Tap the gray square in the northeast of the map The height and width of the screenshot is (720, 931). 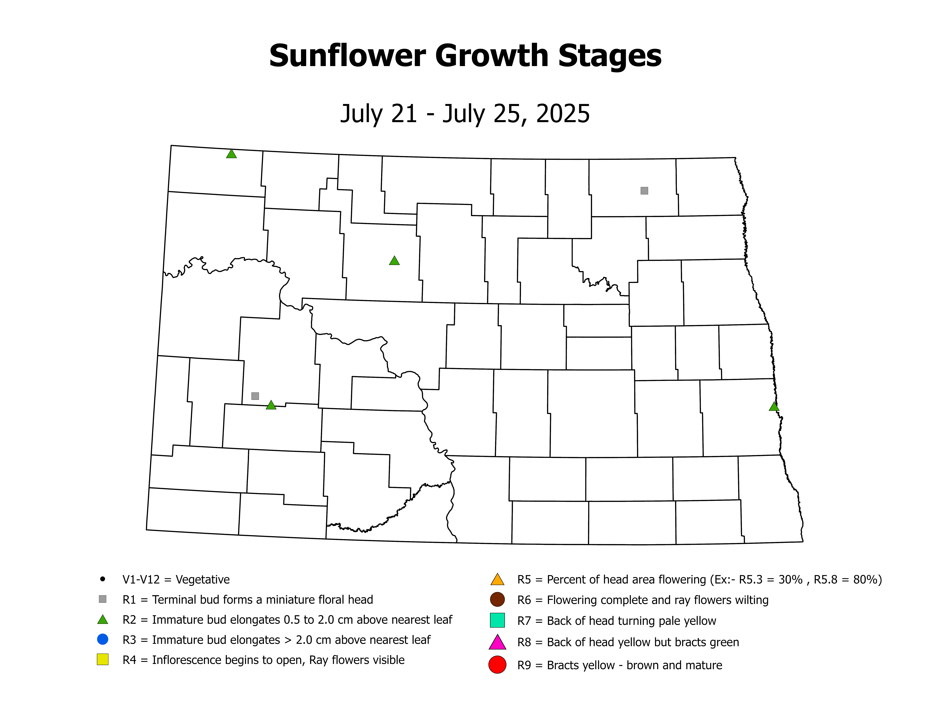(x=644, y=191)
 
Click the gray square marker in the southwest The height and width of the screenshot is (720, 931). (x=255, y=396)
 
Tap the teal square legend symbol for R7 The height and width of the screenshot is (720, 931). (x=497, y=620)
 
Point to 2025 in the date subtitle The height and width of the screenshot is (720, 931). (x=563, y=114)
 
